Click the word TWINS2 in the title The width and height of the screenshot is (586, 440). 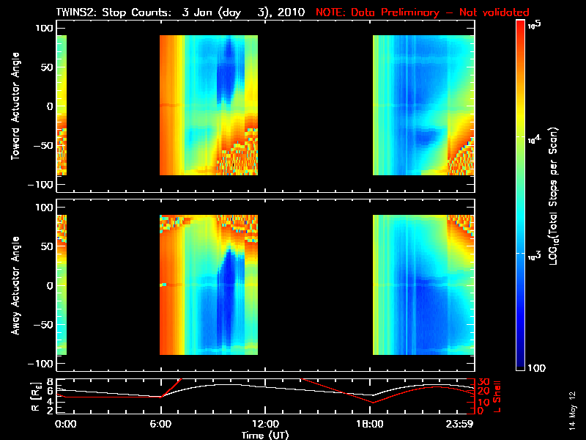[75, 12]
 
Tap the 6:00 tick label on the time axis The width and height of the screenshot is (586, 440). [160, 424]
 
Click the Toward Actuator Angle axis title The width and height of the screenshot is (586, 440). [14, 106]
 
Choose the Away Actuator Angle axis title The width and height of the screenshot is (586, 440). [14, 286]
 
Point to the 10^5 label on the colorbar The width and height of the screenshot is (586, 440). [533, 25]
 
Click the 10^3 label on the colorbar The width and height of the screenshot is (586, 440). [533, 254]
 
